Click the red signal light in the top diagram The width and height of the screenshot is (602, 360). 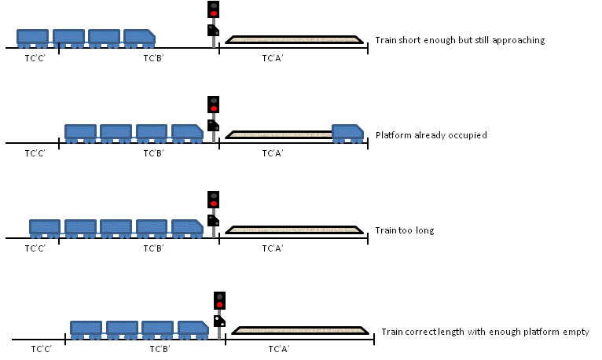(x=214, y=13)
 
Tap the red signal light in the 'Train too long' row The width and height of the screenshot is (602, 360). (x=214, y=204)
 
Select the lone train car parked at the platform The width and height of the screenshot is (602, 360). (x=347, y=134)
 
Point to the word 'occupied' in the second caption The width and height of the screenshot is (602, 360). (x=468, y=135)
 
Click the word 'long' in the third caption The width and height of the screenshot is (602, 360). (x=424, y=230)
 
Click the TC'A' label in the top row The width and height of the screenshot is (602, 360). (x=273, y=58)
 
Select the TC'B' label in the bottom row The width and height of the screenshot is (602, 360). (x=160, y=349)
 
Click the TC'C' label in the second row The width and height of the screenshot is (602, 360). (x=35, y=153)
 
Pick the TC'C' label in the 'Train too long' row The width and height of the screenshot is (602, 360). (x=35, y=248)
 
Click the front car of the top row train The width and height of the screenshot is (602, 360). (x=139, y=39)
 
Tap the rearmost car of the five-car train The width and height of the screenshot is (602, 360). (x=45, y=229)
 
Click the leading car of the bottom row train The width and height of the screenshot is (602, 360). (x=193, y=330)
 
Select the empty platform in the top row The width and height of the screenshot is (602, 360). (x=294, y=39)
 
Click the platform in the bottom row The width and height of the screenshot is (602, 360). (x=300, y=330)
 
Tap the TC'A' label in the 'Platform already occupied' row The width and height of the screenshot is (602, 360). (x=273, y=153)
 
